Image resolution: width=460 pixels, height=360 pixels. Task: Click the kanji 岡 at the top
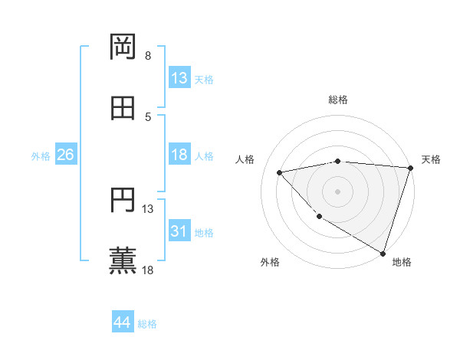tap(123, 48)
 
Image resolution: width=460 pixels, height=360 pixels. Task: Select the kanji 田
tap(123, 109)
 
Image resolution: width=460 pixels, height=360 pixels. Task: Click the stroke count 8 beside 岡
tap(148, 56)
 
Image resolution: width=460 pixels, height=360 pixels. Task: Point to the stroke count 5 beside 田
tap(148, 116)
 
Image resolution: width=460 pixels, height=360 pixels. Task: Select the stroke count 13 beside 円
tap(148, 208)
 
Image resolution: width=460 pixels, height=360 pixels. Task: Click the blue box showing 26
tap(65, 155)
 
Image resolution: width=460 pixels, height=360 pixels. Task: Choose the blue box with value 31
tap(179, 231)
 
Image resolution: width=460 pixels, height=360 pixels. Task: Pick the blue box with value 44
tap(122, 322)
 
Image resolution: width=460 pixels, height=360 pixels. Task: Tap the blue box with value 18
tap(179, 155)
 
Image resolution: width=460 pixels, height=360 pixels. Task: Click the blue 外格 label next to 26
tap(41, 155)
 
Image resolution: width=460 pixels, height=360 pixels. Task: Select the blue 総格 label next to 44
tap(147, 324)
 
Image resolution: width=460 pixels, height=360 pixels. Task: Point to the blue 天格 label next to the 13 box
tap(204, 80)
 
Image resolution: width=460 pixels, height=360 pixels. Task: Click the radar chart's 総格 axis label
tap(337, 100)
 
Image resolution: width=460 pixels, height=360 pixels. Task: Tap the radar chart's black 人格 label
tap(245, 159)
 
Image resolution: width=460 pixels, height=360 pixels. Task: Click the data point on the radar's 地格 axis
tap(383, 253)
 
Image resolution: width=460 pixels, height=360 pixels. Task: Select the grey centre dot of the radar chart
tap(337, 191)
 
